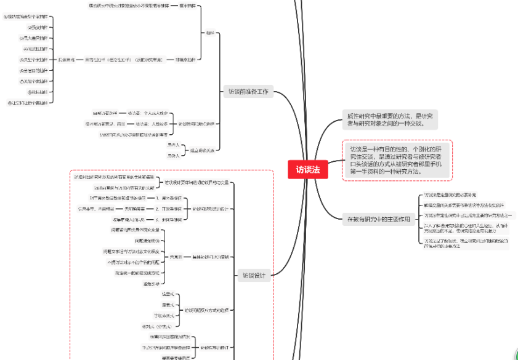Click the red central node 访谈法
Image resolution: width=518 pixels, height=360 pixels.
pyautogui.click(x=307, y=169)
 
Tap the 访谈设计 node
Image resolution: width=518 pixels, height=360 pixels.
pyautogui.click(x=253, y=276)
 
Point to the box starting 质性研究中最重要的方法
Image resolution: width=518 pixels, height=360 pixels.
pyautogui.click(x=390, y=119)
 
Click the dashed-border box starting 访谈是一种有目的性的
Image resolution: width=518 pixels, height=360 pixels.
pyautogui.click(x=397, y=160)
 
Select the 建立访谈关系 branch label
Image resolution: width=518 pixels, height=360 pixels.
pyautogui.click(x=202, y=150)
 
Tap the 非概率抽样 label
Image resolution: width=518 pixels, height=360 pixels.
pyautogui.click(x=185, y=60)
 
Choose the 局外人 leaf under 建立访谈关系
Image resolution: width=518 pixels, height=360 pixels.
pyautogui.click(x=173, y=155)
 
